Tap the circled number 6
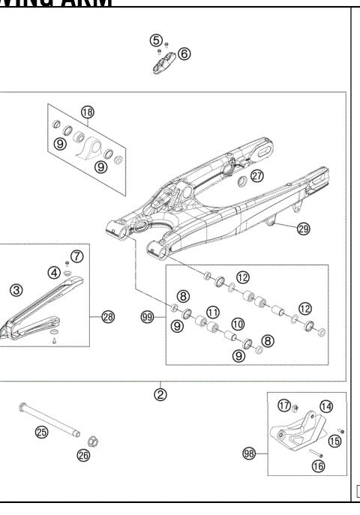coord(184,54)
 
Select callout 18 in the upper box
coord(88,112)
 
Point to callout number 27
coord(257,176)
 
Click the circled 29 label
coord(303,229)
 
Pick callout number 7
coord(77,256)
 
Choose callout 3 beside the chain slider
coord(16,289)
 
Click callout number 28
coord(108,317)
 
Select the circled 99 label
coord(147,318)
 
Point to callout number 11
coord(213,312)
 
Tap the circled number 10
coord(237,325)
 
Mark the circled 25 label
coord(41,431)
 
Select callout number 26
coord(83,454)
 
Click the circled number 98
coord(250,453)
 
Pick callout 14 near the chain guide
coord(325,406)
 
